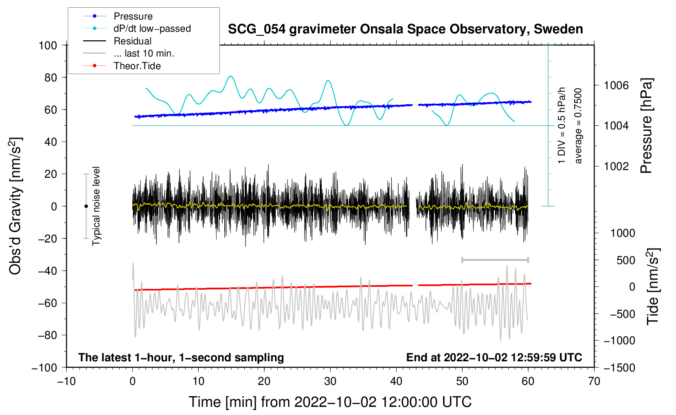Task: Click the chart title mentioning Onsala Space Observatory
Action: tap(405, 29)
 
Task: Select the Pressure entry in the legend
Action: tap(133, 16)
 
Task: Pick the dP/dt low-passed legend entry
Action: tap(152, 28)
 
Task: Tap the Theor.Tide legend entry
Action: tap(137, 66)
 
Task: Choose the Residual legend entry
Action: tap(132, 41)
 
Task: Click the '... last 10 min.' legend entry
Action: tap(144, 53)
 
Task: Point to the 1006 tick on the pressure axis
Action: tap(616, 85)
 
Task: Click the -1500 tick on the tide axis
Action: tap(619, 367)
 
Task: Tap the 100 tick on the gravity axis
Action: tap(48, 45)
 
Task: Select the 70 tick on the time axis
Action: tap(594, 381)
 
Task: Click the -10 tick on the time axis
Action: tap(66, 381)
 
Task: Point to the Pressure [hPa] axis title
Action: tap(646, 126)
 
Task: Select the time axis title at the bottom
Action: tap(330, 402)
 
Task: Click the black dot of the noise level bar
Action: tap(86, 206)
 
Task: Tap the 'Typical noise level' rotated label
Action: tap(96, 206)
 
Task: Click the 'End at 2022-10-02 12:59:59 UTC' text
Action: tap(494, 357)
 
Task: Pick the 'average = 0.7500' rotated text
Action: tap(578, 126)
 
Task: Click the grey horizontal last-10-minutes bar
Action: tap(495, 260)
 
